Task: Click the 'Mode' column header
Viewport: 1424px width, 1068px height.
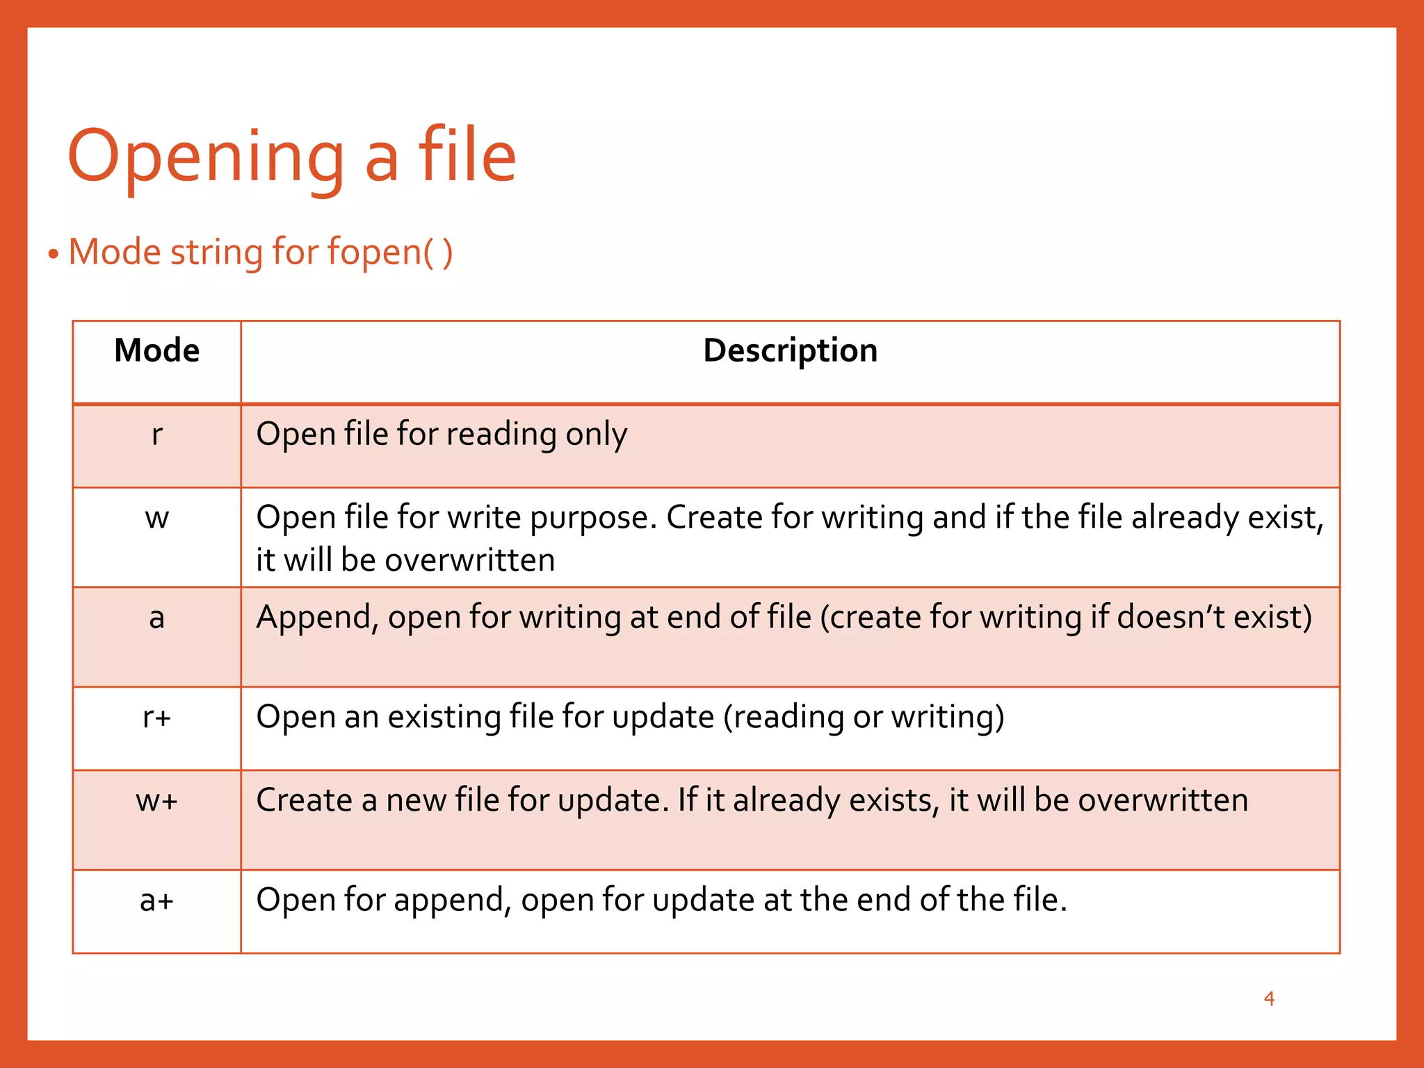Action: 157,350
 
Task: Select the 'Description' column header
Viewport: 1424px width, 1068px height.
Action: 790,350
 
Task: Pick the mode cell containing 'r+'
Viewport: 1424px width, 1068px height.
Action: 157,717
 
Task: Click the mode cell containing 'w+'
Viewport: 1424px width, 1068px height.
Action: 157,800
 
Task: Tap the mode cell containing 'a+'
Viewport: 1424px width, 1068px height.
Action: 157,900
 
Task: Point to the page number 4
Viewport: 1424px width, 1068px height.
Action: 1269,999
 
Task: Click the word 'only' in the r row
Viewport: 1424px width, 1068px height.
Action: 596,435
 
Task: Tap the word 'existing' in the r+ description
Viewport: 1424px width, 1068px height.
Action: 444,717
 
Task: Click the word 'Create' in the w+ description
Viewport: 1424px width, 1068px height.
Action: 304,800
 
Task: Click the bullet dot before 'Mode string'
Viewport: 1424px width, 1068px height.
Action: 54,254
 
